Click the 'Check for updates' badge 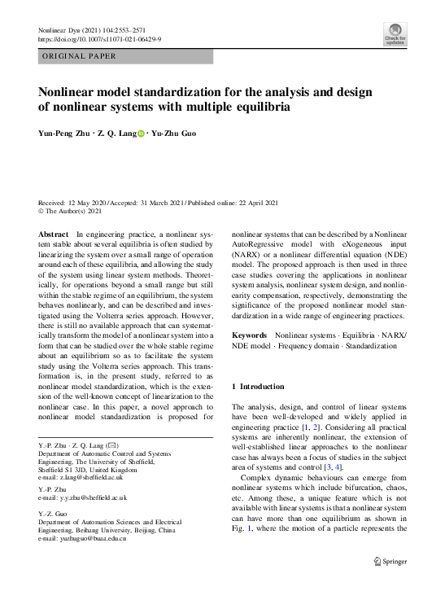tap(395, 33)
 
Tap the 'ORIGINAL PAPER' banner tap(78, 56)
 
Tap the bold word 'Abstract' tap(55, 234)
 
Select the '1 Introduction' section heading tap(258, 386)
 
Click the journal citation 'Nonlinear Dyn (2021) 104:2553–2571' tap(97, 29)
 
